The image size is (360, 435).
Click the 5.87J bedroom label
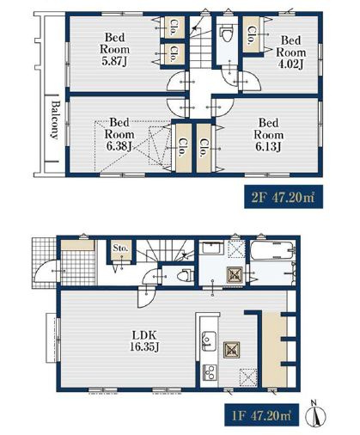coord(114,49)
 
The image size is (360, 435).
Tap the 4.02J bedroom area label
coord(290,52)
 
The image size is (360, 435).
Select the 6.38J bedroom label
coord(119,134)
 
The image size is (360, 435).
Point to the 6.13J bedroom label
coord(268,135)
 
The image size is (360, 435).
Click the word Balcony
coord(55,120)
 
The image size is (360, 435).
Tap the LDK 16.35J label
coord(144,341)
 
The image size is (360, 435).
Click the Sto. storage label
coord(120,248)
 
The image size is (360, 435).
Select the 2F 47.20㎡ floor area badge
coord(284,197)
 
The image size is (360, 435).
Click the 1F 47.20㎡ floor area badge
coord(261,415)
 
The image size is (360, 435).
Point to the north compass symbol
coord(316,414)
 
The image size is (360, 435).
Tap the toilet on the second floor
coord(227,34)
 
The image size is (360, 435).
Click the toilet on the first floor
coord(185,276)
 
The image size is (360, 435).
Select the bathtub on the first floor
coord(272,250)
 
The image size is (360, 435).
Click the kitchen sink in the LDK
coord(209,340)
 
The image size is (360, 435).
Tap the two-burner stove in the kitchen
coord(210,372)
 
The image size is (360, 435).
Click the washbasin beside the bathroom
coord(212,248)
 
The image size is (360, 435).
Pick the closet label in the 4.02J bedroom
coord(252,35)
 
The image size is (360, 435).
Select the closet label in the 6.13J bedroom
coord(204,148)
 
